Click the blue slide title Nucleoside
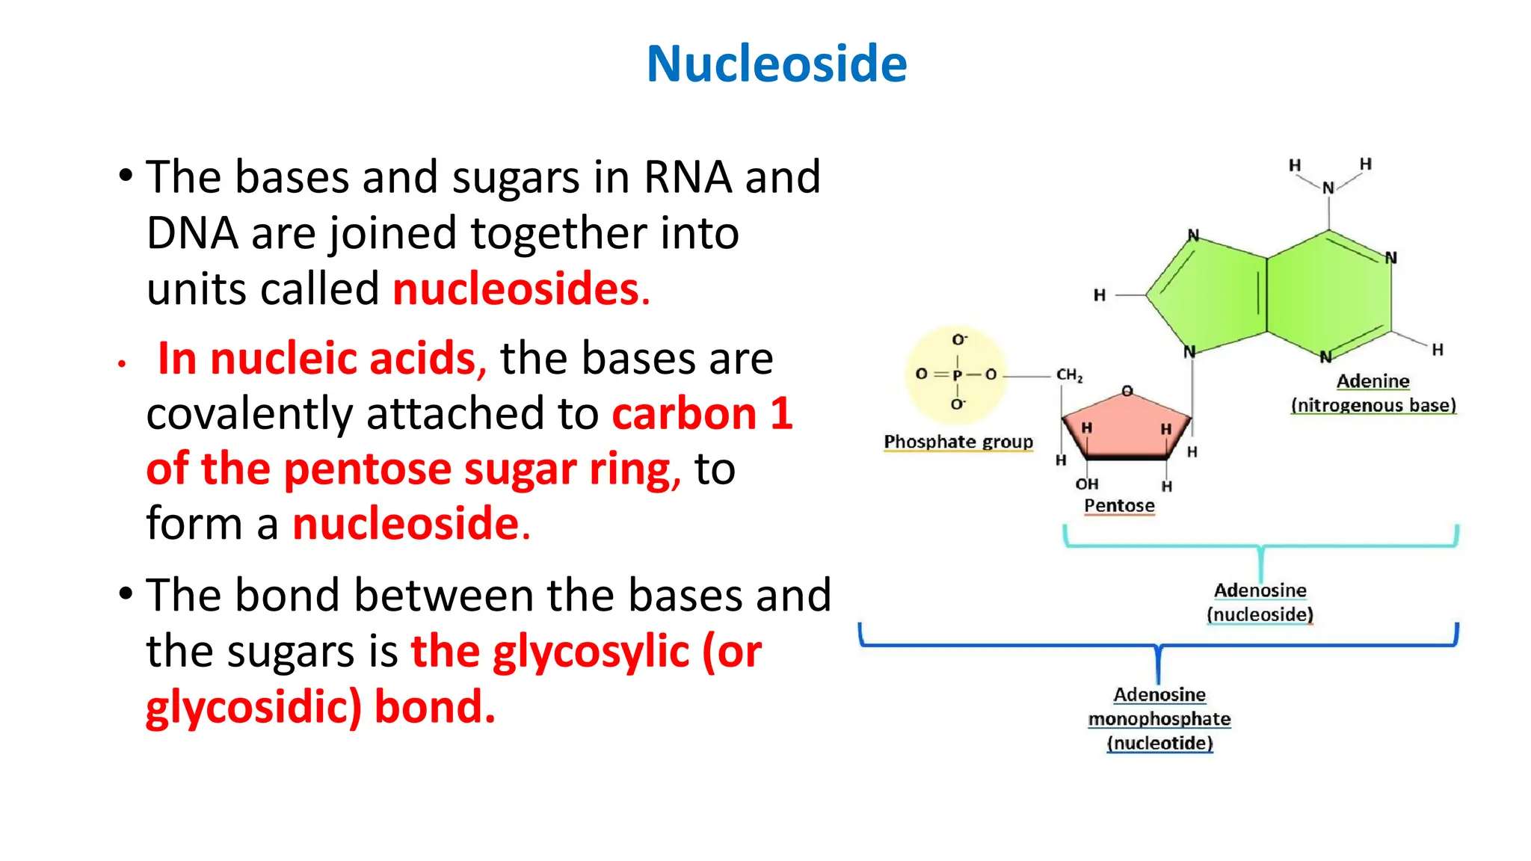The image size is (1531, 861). pos(776,64)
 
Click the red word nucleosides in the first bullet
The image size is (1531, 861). pos(516,289)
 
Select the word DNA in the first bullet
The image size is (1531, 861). pos(191,233)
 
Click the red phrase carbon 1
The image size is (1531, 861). pos(702,413)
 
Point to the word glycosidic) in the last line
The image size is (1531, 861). pos(253,707)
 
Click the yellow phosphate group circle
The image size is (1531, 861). pos(956,374)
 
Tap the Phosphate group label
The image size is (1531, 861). pos(958,442)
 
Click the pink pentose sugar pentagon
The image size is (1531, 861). pos(1125,426)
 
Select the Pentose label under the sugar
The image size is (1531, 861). pos(1119,506)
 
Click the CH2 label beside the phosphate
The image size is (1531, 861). pos(1069,374)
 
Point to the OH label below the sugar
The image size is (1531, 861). pos(1086,484)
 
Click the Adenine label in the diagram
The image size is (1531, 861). pos(1373,381)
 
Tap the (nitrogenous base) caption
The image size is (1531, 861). pos(1373,405)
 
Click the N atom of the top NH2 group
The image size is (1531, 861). pos(1328,188)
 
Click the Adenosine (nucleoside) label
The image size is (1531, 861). pos(1260,602)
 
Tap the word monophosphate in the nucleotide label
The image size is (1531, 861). pos(1159,719)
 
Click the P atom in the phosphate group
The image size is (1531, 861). pos(957,374)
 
